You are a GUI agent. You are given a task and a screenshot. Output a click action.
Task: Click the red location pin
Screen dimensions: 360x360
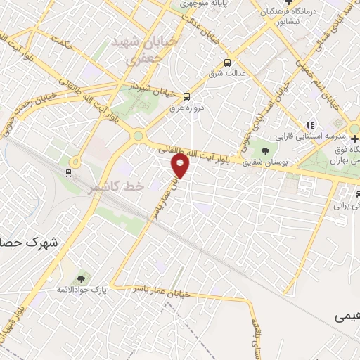pos(181,166)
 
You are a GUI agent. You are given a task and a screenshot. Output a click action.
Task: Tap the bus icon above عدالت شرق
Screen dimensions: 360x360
pos(226,61)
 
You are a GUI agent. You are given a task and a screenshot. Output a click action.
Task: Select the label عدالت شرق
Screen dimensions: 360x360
pos(226,72)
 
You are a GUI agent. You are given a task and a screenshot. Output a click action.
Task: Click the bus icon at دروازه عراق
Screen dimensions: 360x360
pos(186,96)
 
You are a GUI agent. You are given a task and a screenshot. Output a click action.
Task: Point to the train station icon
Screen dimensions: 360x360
pos(69,172)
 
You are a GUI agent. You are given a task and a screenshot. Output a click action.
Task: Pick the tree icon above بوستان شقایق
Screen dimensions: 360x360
pos(265,150)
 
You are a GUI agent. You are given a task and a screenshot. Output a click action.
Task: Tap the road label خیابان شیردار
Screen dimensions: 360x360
pos(155,89)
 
